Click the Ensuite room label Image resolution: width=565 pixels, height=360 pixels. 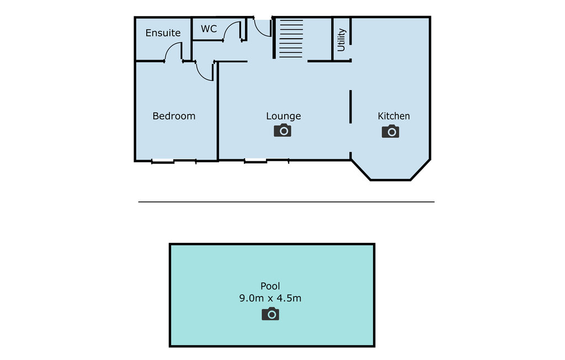coord(163,33)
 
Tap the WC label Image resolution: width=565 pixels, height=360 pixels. coord(209,29)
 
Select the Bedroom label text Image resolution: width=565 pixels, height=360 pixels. coord(174,116)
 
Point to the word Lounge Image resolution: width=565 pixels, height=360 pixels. coord(283,116)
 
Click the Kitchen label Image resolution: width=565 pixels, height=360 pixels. coord(393,116)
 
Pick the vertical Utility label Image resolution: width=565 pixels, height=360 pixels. coord(341,40)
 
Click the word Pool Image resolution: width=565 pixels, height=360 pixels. coord(270,286)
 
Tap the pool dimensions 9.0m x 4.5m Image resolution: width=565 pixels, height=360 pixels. coord(270,298)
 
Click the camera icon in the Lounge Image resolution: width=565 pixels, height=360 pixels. coord(282,130)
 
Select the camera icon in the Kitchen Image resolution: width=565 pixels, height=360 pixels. coord(390,131)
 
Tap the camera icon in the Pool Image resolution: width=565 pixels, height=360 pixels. coord(270,314)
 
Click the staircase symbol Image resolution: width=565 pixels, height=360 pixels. coord(291,39)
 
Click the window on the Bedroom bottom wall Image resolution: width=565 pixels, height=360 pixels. coord(174,161)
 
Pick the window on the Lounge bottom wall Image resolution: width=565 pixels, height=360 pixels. coord(266,161)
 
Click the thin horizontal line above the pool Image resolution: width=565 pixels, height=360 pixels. coord(286,202)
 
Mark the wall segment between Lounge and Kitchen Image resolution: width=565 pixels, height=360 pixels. coord(350,107)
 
